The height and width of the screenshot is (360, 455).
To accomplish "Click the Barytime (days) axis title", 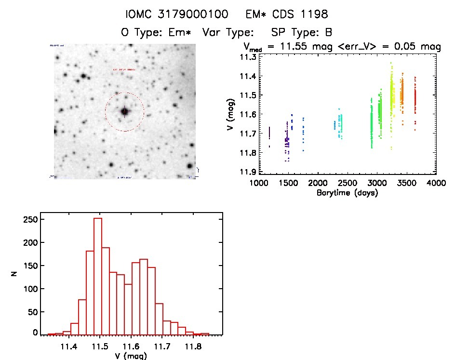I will (x=347, y=193).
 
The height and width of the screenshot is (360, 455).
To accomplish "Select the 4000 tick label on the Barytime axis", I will (x=436, y=183).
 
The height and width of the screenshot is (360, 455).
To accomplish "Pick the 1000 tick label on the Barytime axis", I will (x=258, y=183).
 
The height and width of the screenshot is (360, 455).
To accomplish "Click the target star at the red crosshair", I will (x=124, y=111).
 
